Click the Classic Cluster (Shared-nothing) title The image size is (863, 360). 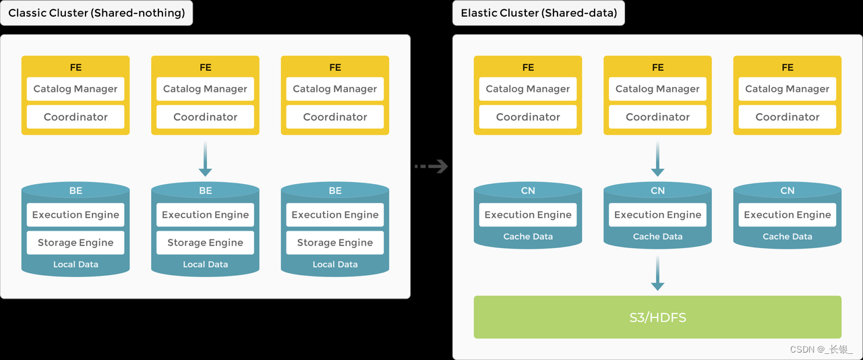pos(96,13)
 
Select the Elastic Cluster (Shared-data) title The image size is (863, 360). pos(538,13)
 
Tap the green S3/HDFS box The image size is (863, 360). pos(657,317)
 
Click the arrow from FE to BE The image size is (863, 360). pos(206,160)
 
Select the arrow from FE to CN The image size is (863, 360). pos(657,160)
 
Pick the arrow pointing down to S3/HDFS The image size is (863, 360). pos(657,274)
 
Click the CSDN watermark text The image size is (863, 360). pos(821,349)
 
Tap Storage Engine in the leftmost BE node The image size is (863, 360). pos(76,243)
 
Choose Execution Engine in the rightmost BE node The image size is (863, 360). pos(335,215)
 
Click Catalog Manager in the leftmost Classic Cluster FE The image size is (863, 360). pos(76,89)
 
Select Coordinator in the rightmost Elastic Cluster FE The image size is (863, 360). pos(787,117)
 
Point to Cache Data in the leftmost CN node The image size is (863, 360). pos(528,237)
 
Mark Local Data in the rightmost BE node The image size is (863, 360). pos(335,264)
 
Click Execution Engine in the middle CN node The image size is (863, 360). pos(657,215)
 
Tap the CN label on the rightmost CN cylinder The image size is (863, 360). pos(787,191)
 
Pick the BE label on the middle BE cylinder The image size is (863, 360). pos(206,191)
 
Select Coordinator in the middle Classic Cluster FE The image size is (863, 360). pos(206,117)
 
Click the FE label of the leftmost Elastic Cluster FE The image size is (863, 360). pos(528,67)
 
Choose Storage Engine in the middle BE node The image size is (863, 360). pos(206,243)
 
